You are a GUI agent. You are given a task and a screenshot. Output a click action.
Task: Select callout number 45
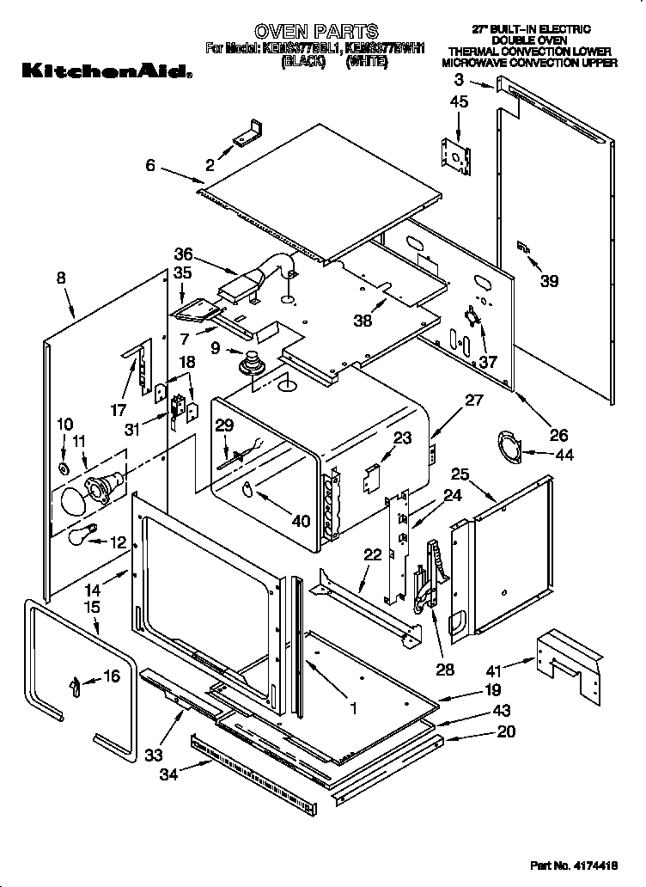click(459, 103)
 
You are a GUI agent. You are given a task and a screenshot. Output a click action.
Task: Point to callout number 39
click(549, 280)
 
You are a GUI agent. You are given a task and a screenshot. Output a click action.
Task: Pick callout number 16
click(112, 676)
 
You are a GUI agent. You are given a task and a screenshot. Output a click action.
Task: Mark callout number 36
click(182, 254)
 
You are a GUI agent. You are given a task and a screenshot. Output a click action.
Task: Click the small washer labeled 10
click(64, 468)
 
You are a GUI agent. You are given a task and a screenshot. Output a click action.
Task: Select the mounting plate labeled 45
click(455, 158)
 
